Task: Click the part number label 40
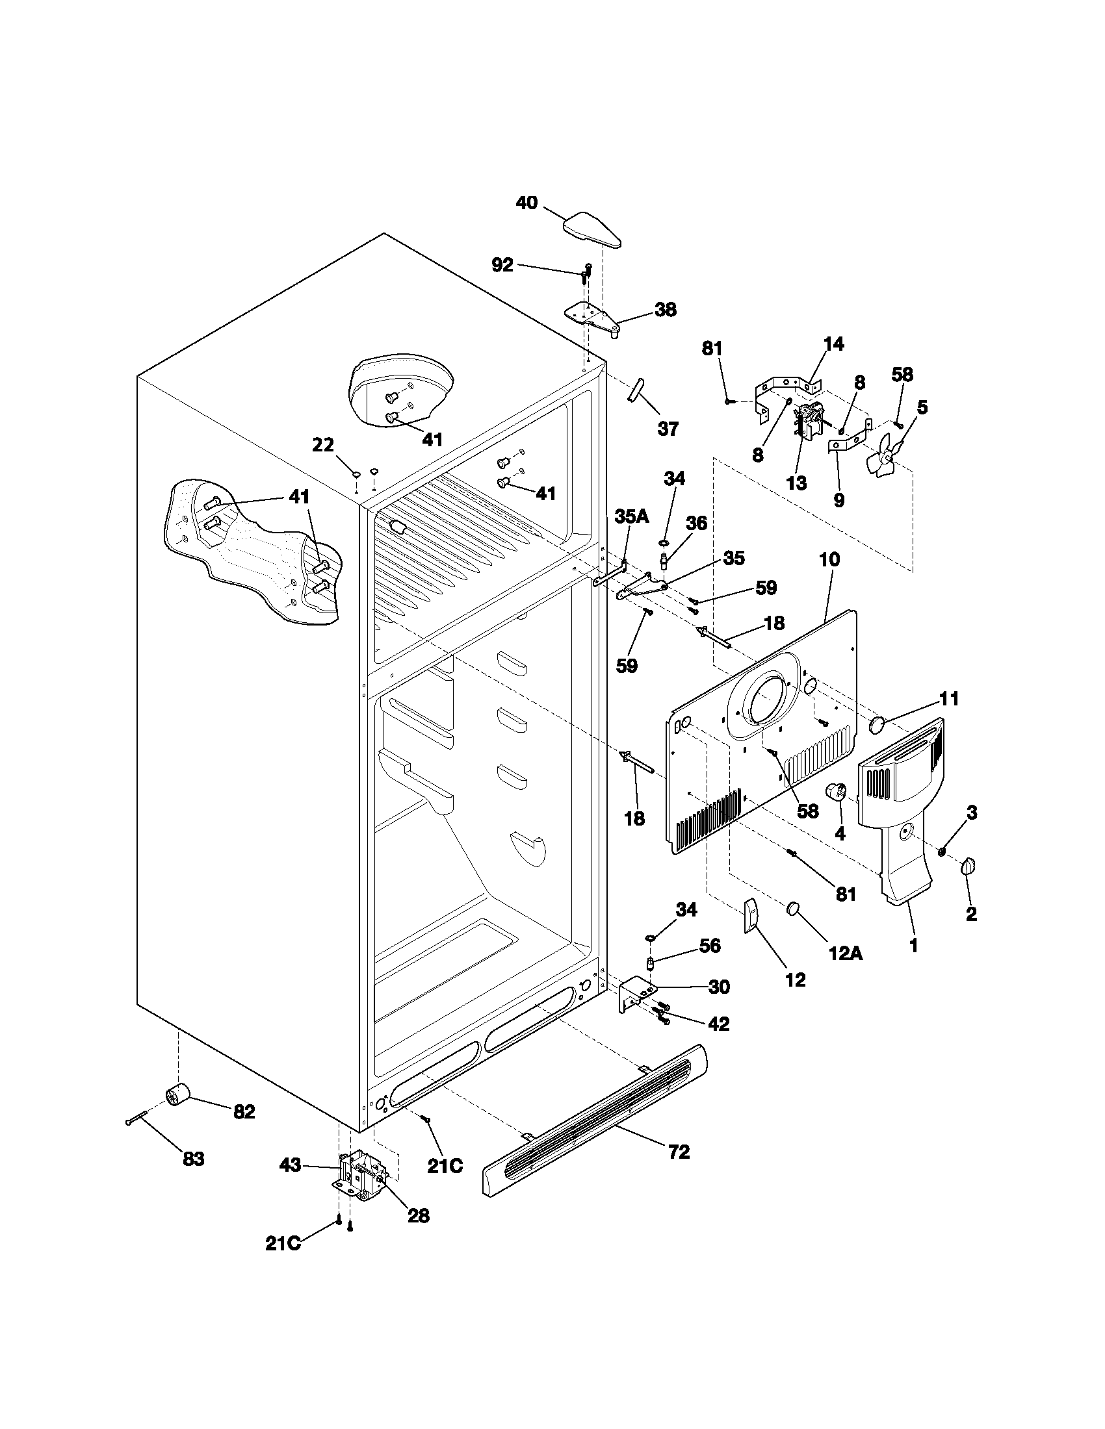click(x=526, y=203)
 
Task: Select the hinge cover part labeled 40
click(x=591, y=232)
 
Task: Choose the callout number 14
click(x=833, y=344)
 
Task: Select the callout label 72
click(x=679, y=1152)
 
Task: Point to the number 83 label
click(x=194, y=1159)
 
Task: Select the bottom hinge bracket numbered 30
click(x=636, y=993)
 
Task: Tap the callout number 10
click(x=829, y=559)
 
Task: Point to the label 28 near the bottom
click(x=419, y=1215)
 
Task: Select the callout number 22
click(x=323, y=445)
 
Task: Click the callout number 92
click(x=502, y=264)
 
